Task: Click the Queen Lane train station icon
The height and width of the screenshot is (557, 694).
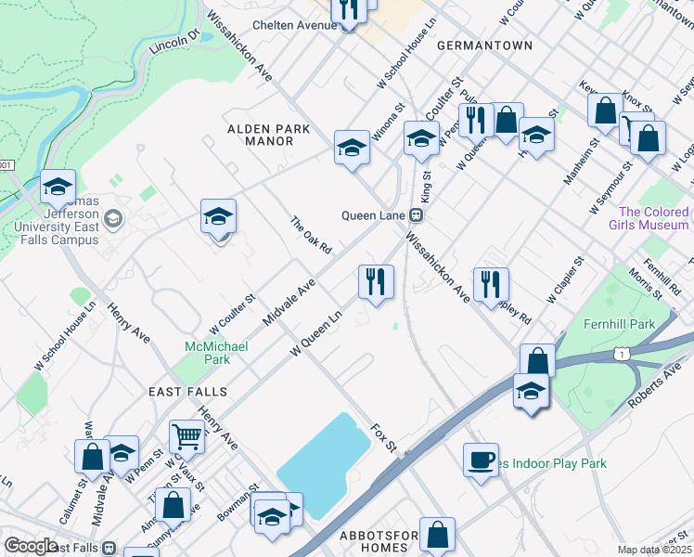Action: (417, 214)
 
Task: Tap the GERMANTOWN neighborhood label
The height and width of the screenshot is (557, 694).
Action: (484, 45)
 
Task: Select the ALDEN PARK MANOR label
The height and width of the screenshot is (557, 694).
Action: (262, 135)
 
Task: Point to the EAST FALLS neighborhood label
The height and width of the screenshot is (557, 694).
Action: (183, 393)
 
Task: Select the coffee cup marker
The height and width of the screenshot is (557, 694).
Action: (481, 460)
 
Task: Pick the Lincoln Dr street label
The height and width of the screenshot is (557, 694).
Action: (174, 42)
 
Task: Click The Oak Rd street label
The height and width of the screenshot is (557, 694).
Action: (311, 235)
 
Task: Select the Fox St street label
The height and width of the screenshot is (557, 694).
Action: (383, 439)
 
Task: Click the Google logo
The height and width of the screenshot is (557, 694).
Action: (31, 546)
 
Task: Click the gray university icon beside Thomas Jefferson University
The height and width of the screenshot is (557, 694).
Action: (114, 219)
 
